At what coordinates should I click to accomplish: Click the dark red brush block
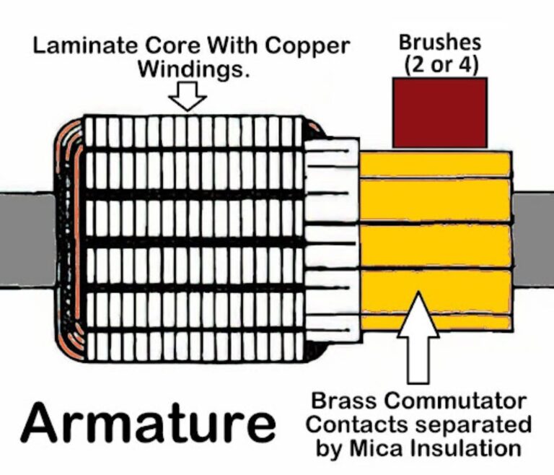(439, 113)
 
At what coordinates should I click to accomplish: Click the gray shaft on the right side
(533, 238)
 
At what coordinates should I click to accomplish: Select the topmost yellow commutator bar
(435, 164)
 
